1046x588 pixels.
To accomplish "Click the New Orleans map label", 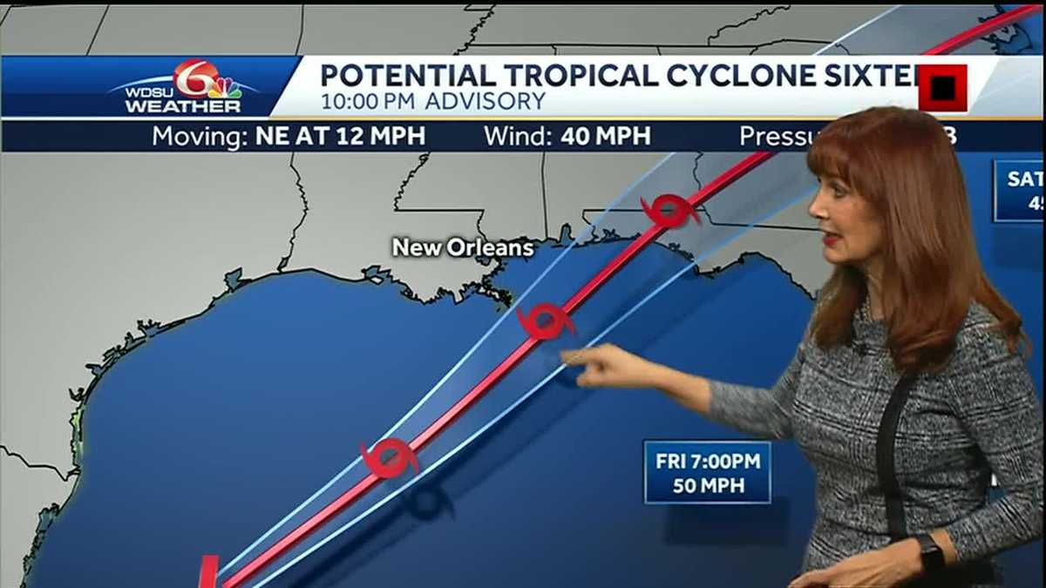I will [462, 247].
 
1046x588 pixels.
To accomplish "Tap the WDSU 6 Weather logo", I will [184, 88].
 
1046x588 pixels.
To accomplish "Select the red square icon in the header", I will [942, 88].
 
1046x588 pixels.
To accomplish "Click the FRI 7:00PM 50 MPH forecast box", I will [707, 472].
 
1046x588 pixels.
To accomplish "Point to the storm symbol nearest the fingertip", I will [547, 321].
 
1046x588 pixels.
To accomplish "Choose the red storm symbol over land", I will [669, 211].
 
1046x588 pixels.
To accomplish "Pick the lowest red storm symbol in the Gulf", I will [389, 457].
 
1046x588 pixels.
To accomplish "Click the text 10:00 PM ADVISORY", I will [433, 102].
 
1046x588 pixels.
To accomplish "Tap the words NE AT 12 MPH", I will [341, 137].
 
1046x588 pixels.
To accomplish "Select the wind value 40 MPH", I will [606, 137].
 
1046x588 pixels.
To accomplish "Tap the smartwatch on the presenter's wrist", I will [929, 551].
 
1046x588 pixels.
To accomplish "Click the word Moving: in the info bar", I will [200, 137].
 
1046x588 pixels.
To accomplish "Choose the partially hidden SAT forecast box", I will [1020, 191].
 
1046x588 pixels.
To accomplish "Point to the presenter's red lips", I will [830, 238].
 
